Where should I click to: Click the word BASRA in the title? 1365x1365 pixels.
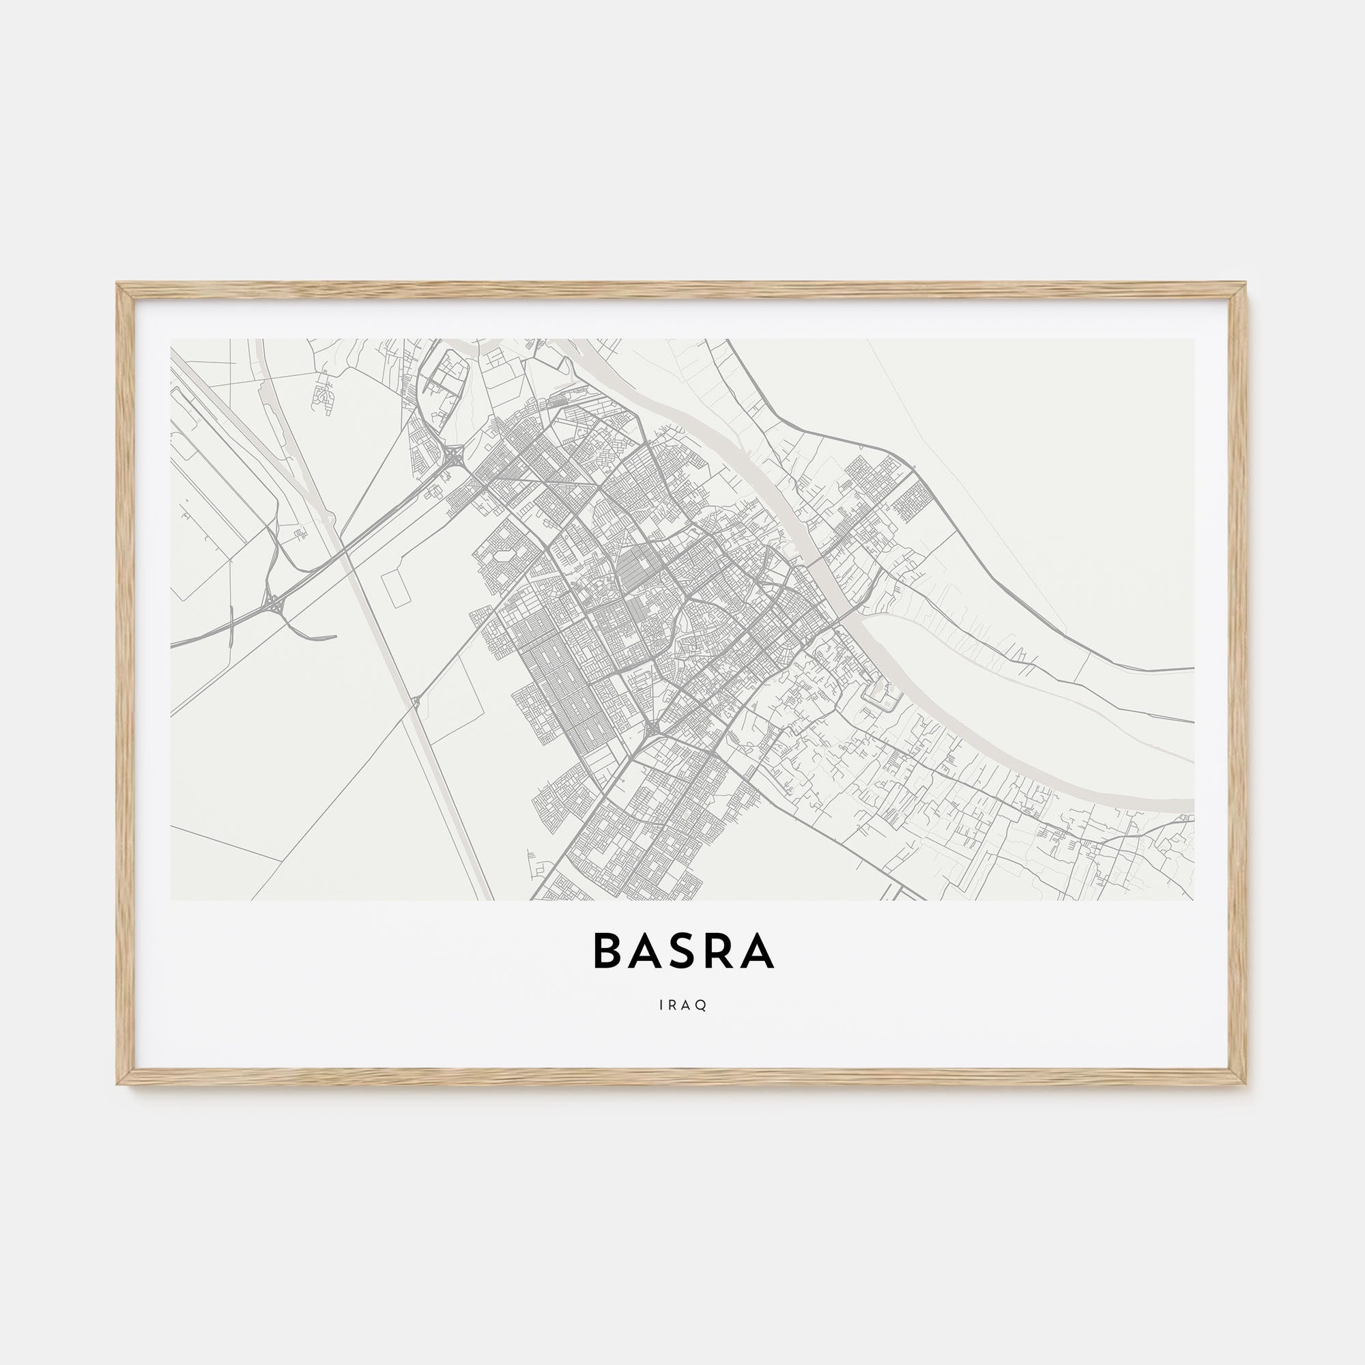[683, 951]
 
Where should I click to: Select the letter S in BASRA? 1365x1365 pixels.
[682, 951]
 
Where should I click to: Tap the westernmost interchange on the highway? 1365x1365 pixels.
[272, 603]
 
